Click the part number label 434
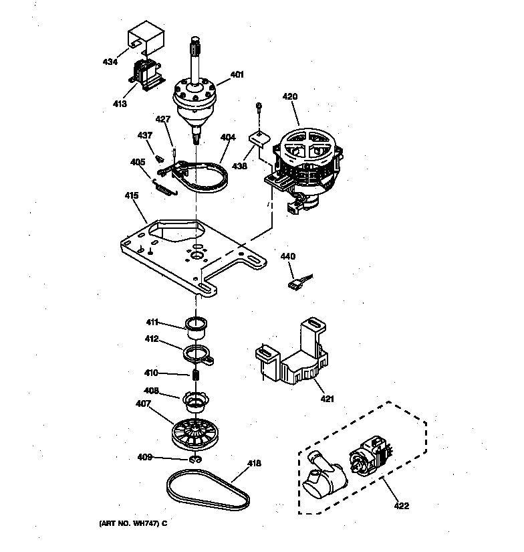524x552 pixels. click(x=110, y=62)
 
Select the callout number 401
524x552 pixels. click(x=237, y=75)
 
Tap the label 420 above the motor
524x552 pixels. click(x=289, y=96)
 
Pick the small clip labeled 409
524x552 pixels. click(x=196, y=460)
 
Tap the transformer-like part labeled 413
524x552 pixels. click(x=146, y=73)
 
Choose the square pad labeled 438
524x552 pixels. click(x=259, y=140)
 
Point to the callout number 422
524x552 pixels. click(x=400, y=505)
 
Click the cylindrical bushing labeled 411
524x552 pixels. click(x=196, y=327)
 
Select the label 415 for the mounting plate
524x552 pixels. click(x=131, y=195)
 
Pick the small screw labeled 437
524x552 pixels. click(x=160, y=159)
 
